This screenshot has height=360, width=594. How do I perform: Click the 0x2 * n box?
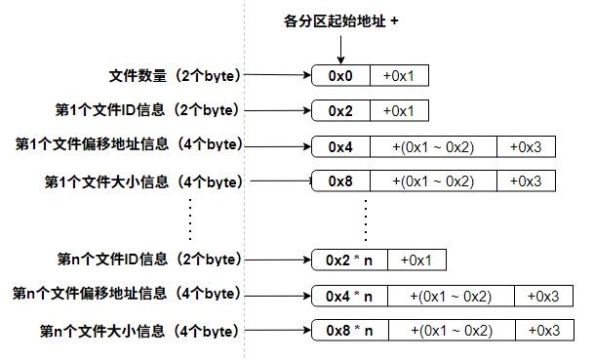click(x=348, y=260)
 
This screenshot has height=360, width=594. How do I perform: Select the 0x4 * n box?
click(x=348, y=296)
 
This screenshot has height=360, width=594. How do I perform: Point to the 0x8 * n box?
click(x=348, y=331)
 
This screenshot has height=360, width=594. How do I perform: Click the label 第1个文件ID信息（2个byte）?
click(x=147, y=110)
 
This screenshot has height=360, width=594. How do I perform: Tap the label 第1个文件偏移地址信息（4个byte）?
click(x=128, y=145)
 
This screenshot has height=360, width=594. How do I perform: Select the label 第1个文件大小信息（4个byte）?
click(x=142, y=181)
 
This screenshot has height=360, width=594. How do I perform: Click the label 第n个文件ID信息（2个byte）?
click(x=148, y=260)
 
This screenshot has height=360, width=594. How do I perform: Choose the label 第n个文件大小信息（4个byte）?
click(x=141, y=331)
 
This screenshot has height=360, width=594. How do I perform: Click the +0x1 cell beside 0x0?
click(x=398, y=75)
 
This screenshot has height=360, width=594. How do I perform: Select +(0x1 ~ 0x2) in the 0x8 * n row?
click(x=451, y=331)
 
